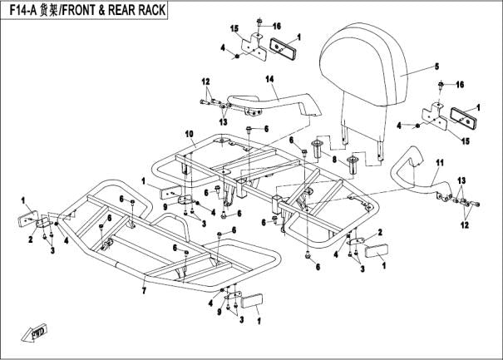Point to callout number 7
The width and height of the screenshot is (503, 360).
click(x=144, y=291)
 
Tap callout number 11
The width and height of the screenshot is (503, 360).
click(x=441, y=161)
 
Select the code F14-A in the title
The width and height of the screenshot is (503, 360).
click(x=21, y=10)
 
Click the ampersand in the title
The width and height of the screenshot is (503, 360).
click(x=106, y=10)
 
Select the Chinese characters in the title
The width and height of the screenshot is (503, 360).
click(x=48, y=10)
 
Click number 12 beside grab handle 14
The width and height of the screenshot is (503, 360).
click(x=205, y=81)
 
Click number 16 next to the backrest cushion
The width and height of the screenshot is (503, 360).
click(x=460, y=85)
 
